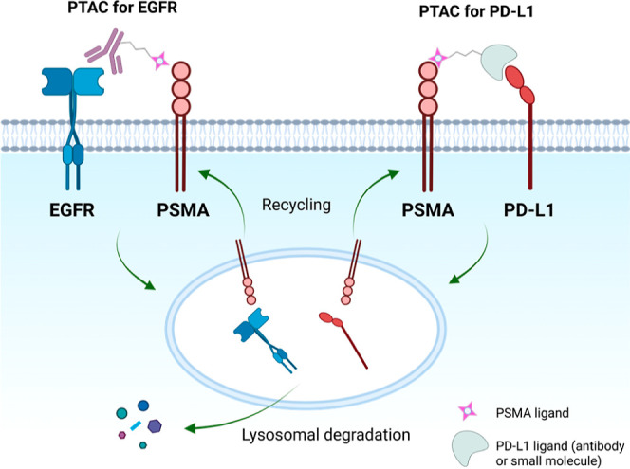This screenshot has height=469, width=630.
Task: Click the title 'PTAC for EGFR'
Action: point(122,8)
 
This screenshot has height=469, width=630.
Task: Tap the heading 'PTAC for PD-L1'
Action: point(476,11)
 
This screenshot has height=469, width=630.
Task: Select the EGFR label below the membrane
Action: point(72,210)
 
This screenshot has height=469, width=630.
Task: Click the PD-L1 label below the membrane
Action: point(528,210)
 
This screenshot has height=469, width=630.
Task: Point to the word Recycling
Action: point(297,205)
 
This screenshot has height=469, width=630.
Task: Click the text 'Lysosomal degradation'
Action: point(325,435)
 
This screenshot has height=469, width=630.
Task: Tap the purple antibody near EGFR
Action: point(105,50)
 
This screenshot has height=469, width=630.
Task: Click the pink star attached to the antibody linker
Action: point(159,61)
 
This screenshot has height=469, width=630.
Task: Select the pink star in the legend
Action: point(468,411)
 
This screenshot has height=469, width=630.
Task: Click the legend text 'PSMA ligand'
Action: point(532,413)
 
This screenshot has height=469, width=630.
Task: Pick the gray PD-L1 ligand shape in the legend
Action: point(470,449)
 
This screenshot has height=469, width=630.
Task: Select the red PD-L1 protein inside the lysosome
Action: point(343,339)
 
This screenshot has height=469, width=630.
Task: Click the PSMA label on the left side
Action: point(183,210)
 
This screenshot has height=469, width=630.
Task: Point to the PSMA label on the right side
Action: point(428,210)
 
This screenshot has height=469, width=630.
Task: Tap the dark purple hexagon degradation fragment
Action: point(155,425)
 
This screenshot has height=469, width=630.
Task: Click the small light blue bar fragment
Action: point(136,424)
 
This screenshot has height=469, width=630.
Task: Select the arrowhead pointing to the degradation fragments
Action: point(191,428)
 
